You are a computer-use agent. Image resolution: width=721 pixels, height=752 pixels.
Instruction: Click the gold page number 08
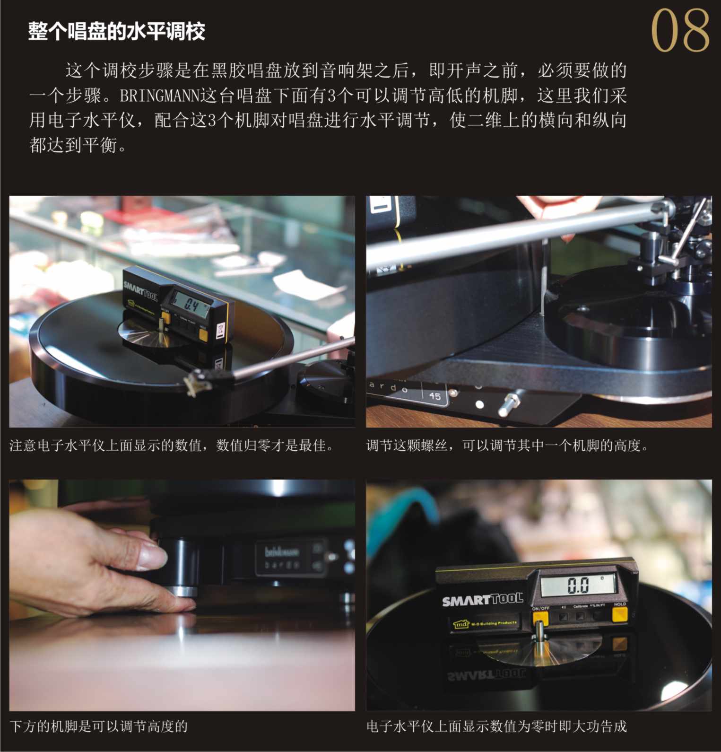680,31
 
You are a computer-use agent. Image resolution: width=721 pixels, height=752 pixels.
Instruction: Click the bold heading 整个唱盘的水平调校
116,32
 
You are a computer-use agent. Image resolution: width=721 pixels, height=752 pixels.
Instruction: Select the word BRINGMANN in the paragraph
160,96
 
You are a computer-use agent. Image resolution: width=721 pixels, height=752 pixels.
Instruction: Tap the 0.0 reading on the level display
578,586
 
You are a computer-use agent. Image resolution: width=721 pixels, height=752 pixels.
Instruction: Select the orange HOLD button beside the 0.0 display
619,614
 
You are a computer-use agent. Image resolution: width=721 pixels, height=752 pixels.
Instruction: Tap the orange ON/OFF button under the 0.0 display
540,617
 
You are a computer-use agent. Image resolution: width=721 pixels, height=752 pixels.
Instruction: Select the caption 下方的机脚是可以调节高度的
99,726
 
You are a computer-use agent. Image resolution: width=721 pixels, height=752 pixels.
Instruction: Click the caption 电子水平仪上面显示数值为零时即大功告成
496,726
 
